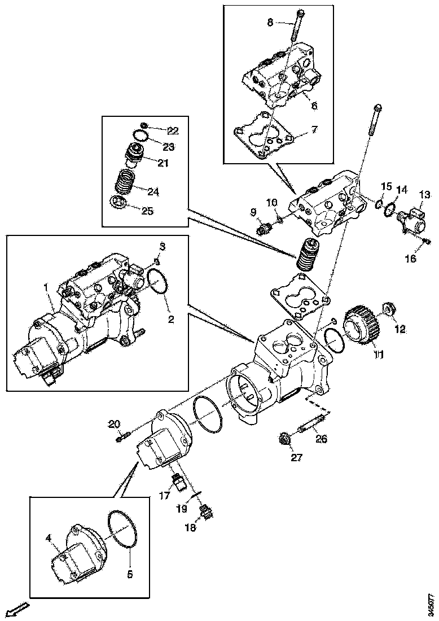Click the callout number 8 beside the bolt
coord(270,23)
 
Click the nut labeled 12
coord(388,310)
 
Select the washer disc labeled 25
coord(118,203)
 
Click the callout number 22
coord(173,130)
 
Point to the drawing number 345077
coord(431,603)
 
